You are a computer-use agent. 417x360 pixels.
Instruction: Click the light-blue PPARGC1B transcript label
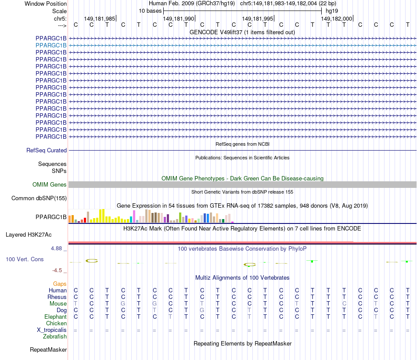coord(51,45)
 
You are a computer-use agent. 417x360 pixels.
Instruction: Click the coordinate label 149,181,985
coord(100,18)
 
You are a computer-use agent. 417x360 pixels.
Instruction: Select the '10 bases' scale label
coord(150,11)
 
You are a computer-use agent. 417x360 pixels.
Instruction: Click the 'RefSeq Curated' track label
coord(47,150)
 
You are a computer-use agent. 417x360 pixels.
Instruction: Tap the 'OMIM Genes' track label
coord(50,185)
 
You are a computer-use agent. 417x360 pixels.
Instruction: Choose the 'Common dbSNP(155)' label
coord(39,198)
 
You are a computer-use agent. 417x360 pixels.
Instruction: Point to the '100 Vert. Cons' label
coord(25,259)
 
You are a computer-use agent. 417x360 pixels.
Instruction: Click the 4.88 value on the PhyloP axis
coord(57,248)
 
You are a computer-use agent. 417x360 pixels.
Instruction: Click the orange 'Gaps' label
coord(60,284)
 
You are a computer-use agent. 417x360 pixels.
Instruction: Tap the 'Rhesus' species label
coord(57,297)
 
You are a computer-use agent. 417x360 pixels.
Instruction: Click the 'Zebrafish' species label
coord(55,337)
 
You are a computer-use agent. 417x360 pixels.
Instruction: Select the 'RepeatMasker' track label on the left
coord(48,350)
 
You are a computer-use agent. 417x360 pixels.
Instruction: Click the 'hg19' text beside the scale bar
coord(331,11)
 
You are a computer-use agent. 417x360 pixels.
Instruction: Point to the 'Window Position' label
coord(46,4)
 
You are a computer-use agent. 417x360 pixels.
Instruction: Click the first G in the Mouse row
coord(123,304)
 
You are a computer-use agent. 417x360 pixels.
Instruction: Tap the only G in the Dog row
coord(202,310)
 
